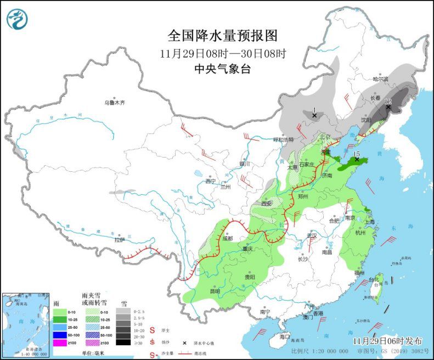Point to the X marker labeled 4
click(x=314, y=115)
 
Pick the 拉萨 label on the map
click(x=120, y=239)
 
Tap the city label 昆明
click(x=217, y=290)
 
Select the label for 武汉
click(x=312, y=235)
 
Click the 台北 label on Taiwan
click(x=373, y=279)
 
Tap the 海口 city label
click(x=284, y=336)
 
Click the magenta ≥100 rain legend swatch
click(x=59, y=342)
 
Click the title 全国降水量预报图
click(x=223, y=36)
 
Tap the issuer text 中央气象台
click(x=223, y=69)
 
